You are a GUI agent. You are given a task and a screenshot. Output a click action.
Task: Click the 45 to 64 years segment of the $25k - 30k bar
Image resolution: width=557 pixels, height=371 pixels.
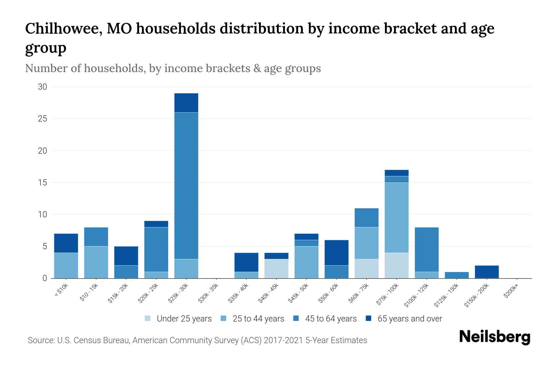[186, 185]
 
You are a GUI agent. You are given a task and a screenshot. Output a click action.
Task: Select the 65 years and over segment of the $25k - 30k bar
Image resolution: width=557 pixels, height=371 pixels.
[186, 103]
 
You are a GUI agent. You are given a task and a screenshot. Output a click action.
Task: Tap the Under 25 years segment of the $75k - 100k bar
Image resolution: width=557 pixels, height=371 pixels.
[397, 265]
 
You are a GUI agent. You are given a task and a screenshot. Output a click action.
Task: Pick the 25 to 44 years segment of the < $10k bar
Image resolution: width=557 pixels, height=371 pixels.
[66, 265]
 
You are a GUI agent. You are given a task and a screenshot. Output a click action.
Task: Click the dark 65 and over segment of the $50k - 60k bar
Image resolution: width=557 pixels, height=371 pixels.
[336, 253]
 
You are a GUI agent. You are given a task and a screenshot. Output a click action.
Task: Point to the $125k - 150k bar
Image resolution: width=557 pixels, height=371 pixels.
[457, 275]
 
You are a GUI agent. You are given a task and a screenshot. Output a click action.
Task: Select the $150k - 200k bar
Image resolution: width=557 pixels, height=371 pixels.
[487, 272]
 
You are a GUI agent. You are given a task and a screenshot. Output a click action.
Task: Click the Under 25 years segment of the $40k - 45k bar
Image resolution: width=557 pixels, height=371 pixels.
[276, 269]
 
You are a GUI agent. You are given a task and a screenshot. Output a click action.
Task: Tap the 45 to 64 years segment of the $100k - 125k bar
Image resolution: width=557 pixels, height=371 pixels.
[427, 249]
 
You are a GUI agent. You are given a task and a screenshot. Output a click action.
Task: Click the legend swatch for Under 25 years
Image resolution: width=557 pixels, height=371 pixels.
[148, 318]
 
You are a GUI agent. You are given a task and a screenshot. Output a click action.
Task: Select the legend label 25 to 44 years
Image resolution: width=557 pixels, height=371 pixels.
[258, 318]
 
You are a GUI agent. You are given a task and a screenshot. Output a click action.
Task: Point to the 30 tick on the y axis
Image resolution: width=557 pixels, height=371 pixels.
[42, 87]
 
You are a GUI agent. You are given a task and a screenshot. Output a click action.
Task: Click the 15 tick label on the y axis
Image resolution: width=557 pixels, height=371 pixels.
[42, 183]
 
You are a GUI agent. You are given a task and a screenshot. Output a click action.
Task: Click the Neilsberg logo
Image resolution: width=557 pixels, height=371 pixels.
[495, 337]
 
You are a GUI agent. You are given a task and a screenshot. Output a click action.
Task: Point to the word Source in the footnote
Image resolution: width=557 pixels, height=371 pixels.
[41, 340]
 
